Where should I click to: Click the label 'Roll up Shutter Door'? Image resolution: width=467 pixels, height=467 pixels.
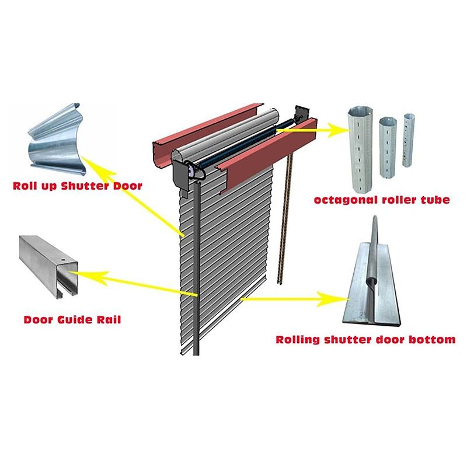point(78,187)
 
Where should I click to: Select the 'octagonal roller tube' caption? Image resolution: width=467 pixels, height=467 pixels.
point(382,200)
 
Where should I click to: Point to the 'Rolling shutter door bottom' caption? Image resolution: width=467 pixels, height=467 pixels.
point(365,339)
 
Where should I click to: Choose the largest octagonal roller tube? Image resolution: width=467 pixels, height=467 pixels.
point(358,142)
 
